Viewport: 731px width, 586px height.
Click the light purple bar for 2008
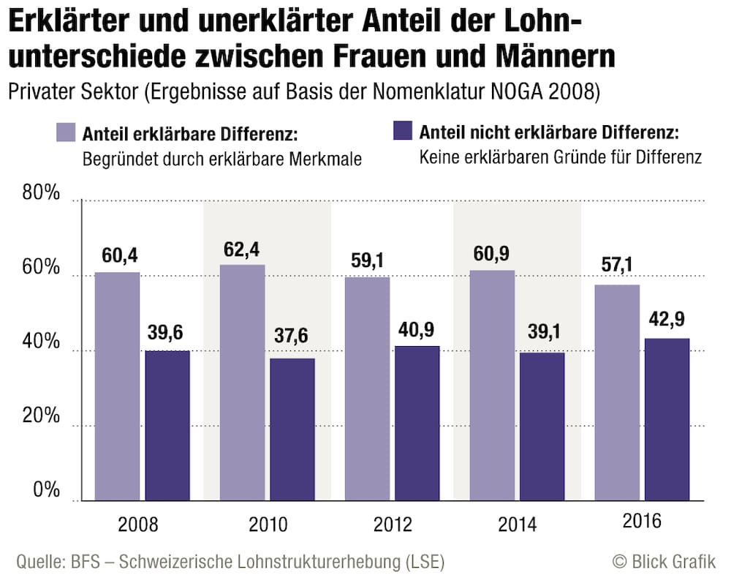(117, 386)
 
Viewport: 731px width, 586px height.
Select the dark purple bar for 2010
(292, 429)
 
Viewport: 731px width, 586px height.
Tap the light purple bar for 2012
(367, 388)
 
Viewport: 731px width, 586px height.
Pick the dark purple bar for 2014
(542, 427)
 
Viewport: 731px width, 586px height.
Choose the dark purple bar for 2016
(667, 419)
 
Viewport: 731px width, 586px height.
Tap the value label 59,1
(367, 262)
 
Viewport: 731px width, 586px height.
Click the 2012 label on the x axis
(392, 525)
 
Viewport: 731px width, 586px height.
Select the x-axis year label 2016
(641, 522)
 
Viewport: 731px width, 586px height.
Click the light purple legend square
(64, 132)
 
